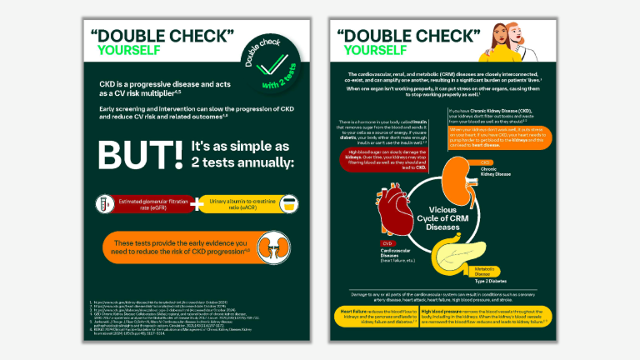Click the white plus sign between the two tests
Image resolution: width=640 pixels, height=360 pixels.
pos(197,203)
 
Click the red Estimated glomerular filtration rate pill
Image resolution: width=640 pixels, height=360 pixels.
pos(146,203)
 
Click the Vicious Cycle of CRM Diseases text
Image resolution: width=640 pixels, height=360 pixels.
pos(443,218)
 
